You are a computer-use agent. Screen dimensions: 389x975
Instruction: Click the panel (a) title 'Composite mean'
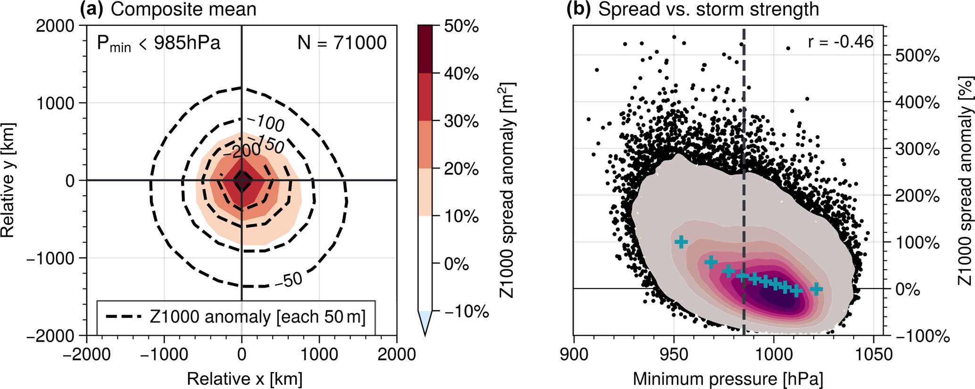[183, 10]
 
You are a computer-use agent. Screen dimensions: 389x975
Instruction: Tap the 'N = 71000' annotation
[342, 43]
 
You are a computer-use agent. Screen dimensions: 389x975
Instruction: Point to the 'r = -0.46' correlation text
[841, 42]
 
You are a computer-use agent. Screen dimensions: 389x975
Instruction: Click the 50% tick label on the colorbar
[461, 27]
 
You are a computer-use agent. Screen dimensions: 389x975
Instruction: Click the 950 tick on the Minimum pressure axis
[674, 354]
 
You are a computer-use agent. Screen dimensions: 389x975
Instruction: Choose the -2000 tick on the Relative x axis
[87, 354]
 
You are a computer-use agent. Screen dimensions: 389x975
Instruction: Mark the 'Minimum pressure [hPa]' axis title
[728, 379]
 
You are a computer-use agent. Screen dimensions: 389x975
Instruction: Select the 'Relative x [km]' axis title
[244, 379]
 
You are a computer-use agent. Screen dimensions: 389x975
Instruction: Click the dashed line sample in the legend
[124, 317]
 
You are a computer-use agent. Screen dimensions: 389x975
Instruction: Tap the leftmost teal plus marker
[681, 242]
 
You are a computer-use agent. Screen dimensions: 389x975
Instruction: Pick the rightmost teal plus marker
[816, 289]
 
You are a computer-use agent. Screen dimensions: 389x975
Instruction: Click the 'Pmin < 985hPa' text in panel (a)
[158, 44]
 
